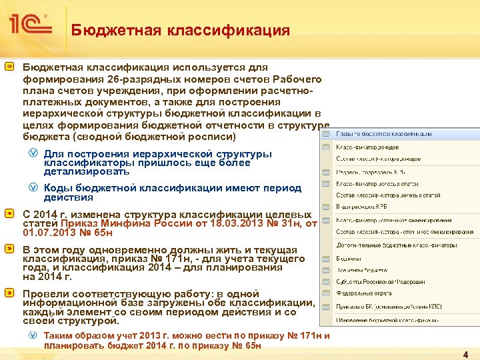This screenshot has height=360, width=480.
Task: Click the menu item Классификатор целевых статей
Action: pos(377,182)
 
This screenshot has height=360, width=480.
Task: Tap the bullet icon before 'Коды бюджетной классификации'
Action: pos(33,188)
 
